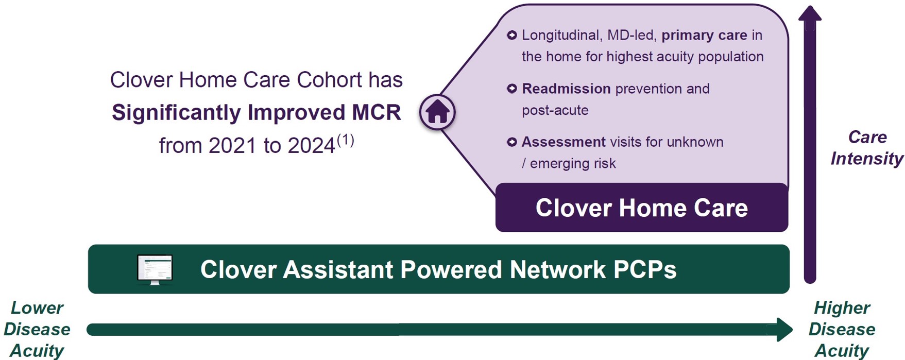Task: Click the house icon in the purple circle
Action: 437,111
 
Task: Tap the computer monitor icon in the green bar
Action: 155,269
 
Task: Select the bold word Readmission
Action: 566,89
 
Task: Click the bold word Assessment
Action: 564,142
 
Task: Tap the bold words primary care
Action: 704,36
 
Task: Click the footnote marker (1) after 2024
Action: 346,140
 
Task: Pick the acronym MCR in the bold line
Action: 377,113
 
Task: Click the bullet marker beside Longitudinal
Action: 511,35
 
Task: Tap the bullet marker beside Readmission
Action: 511,89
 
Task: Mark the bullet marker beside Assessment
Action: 511,142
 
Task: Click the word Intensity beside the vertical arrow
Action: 867,159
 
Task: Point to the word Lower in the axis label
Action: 37,308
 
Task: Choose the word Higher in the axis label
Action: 842,308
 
